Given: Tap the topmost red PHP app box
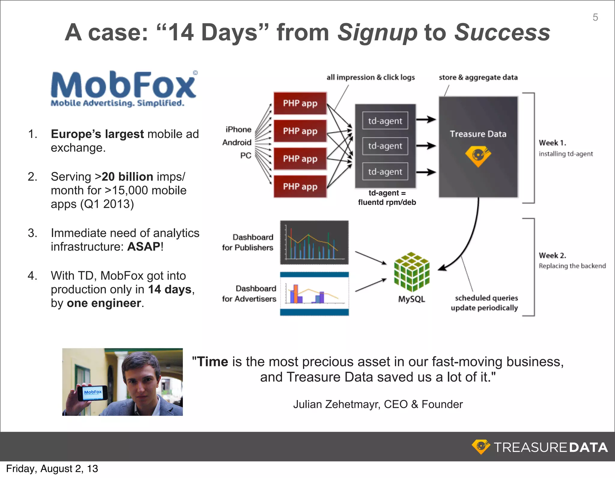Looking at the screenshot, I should (300, 103).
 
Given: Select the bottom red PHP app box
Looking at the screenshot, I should (300, 186).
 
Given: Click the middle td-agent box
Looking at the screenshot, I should (385, 146).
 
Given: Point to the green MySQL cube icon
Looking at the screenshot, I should (412, 272).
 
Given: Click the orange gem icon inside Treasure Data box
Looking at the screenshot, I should (478, 156).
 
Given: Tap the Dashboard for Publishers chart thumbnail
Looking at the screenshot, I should (314, 242).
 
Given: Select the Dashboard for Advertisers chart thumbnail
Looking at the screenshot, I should (314, 294).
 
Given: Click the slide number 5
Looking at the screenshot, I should (595, 17).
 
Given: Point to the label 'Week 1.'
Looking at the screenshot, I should (552, 143).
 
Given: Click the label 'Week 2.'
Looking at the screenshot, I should (552, 255).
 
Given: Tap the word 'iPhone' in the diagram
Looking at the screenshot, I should (238, 129).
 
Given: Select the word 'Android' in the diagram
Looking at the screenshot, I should (237, 143).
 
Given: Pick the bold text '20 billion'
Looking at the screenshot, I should (128, 177).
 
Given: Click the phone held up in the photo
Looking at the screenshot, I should (92, 392).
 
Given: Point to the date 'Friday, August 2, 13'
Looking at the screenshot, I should (52, 469).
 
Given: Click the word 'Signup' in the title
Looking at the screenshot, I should (377, 32).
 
